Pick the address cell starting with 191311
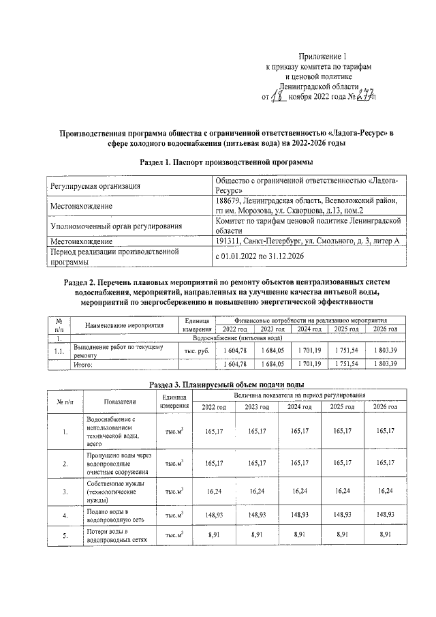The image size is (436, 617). tap(303, 241)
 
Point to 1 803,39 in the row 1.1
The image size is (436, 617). tap(385, 350)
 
